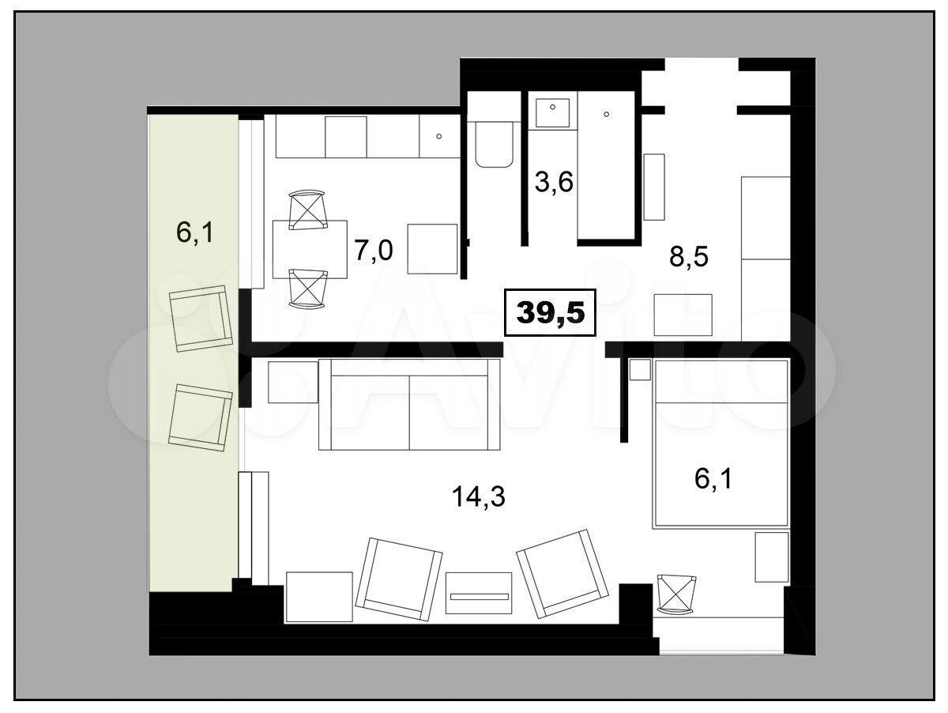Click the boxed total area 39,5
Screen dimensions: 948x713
coord(550,312)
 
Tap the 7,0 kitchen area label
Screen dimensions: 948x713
coord(374,251)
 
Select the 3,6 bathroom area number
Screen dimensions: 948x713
coord(554,182)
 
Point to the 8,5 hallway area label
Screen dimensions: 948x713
coord(689,257)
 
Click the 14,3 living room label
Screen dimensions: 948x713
coord(479,496)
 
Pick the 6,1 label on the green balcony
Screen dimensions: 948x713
coord(195,232)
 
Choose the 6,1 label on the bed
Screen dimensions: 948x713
coord(713,479)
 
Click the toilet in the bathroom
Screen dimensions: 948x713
coord(495,143)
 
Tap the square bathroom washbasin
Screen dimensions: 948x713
coord(553,113)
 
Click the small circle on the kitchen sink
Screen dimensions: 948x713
coord(438,137)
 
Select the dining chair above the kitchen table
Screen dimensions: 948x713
coord(307,210)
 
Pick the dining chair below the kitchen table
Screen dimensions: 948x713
coord(308,289)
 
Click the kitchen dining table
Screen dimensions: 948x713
coord(310,249)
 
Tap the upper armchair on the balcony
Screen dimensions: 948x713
coord(201,318)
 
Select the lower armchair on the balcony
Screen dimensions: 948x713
coord(201,417)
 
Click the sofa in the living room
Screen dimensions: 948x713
coord(409,405)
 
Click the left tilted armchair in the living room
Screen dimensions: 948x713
coord(399,579)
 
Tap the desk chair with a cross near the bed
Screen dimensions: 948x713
coord(676,594)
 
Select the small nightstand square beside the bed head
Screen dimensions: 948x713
coord(640,369)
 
